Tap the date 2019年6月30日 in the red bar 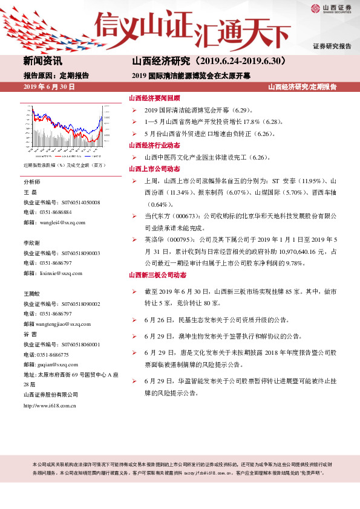click(x=49, y=88)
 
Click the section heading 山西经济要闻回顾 click(x=154, y=98)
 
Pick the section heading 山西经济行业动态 click(x=154, y=146)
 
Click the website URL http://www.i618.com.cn click(x=49, y=406)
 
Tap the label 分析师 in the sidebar click(x=31, y=182)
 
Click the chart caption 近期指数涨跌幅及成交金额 click(x=65, y=165)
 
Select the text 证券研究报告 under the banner click(x=332, y=47)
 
